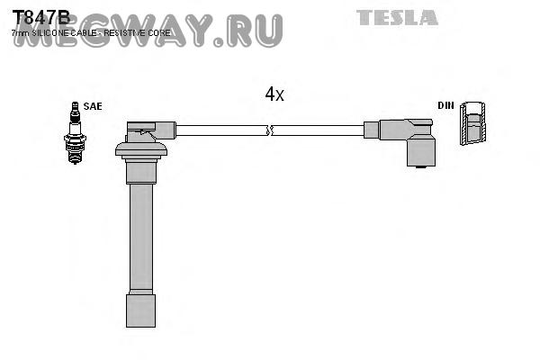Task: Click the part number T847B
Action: (x=40, y=17)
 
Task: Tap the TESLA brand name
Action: (x=397, y=17)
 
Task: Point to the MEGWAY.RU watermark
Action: (x=148, y=30)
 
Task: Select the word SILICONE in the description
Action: (x=53, y=33)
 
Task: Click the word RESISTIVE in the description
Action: (x=131, y=33)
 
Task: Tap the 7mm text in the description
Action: (x=19, y=33)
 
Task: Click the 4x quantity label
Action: (x=274, y=94)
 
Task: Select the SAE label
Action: (x=93, y=106)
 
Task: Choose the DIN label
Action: (x=446, y=105)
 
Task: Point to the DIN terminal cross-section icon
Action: (x=472, y=124)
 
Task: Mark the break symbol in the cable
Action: (x=268, y=130)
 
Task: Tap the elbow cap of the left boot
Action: (x=144, y=130)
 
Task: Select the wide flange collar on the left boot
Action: (x=141, y=150)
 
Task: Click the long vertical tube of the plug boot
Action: (x=140, y=234)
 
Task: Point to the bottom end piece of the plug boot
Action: (x=140, y=310)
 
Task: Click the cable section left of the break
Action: (x=220, y=130)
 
